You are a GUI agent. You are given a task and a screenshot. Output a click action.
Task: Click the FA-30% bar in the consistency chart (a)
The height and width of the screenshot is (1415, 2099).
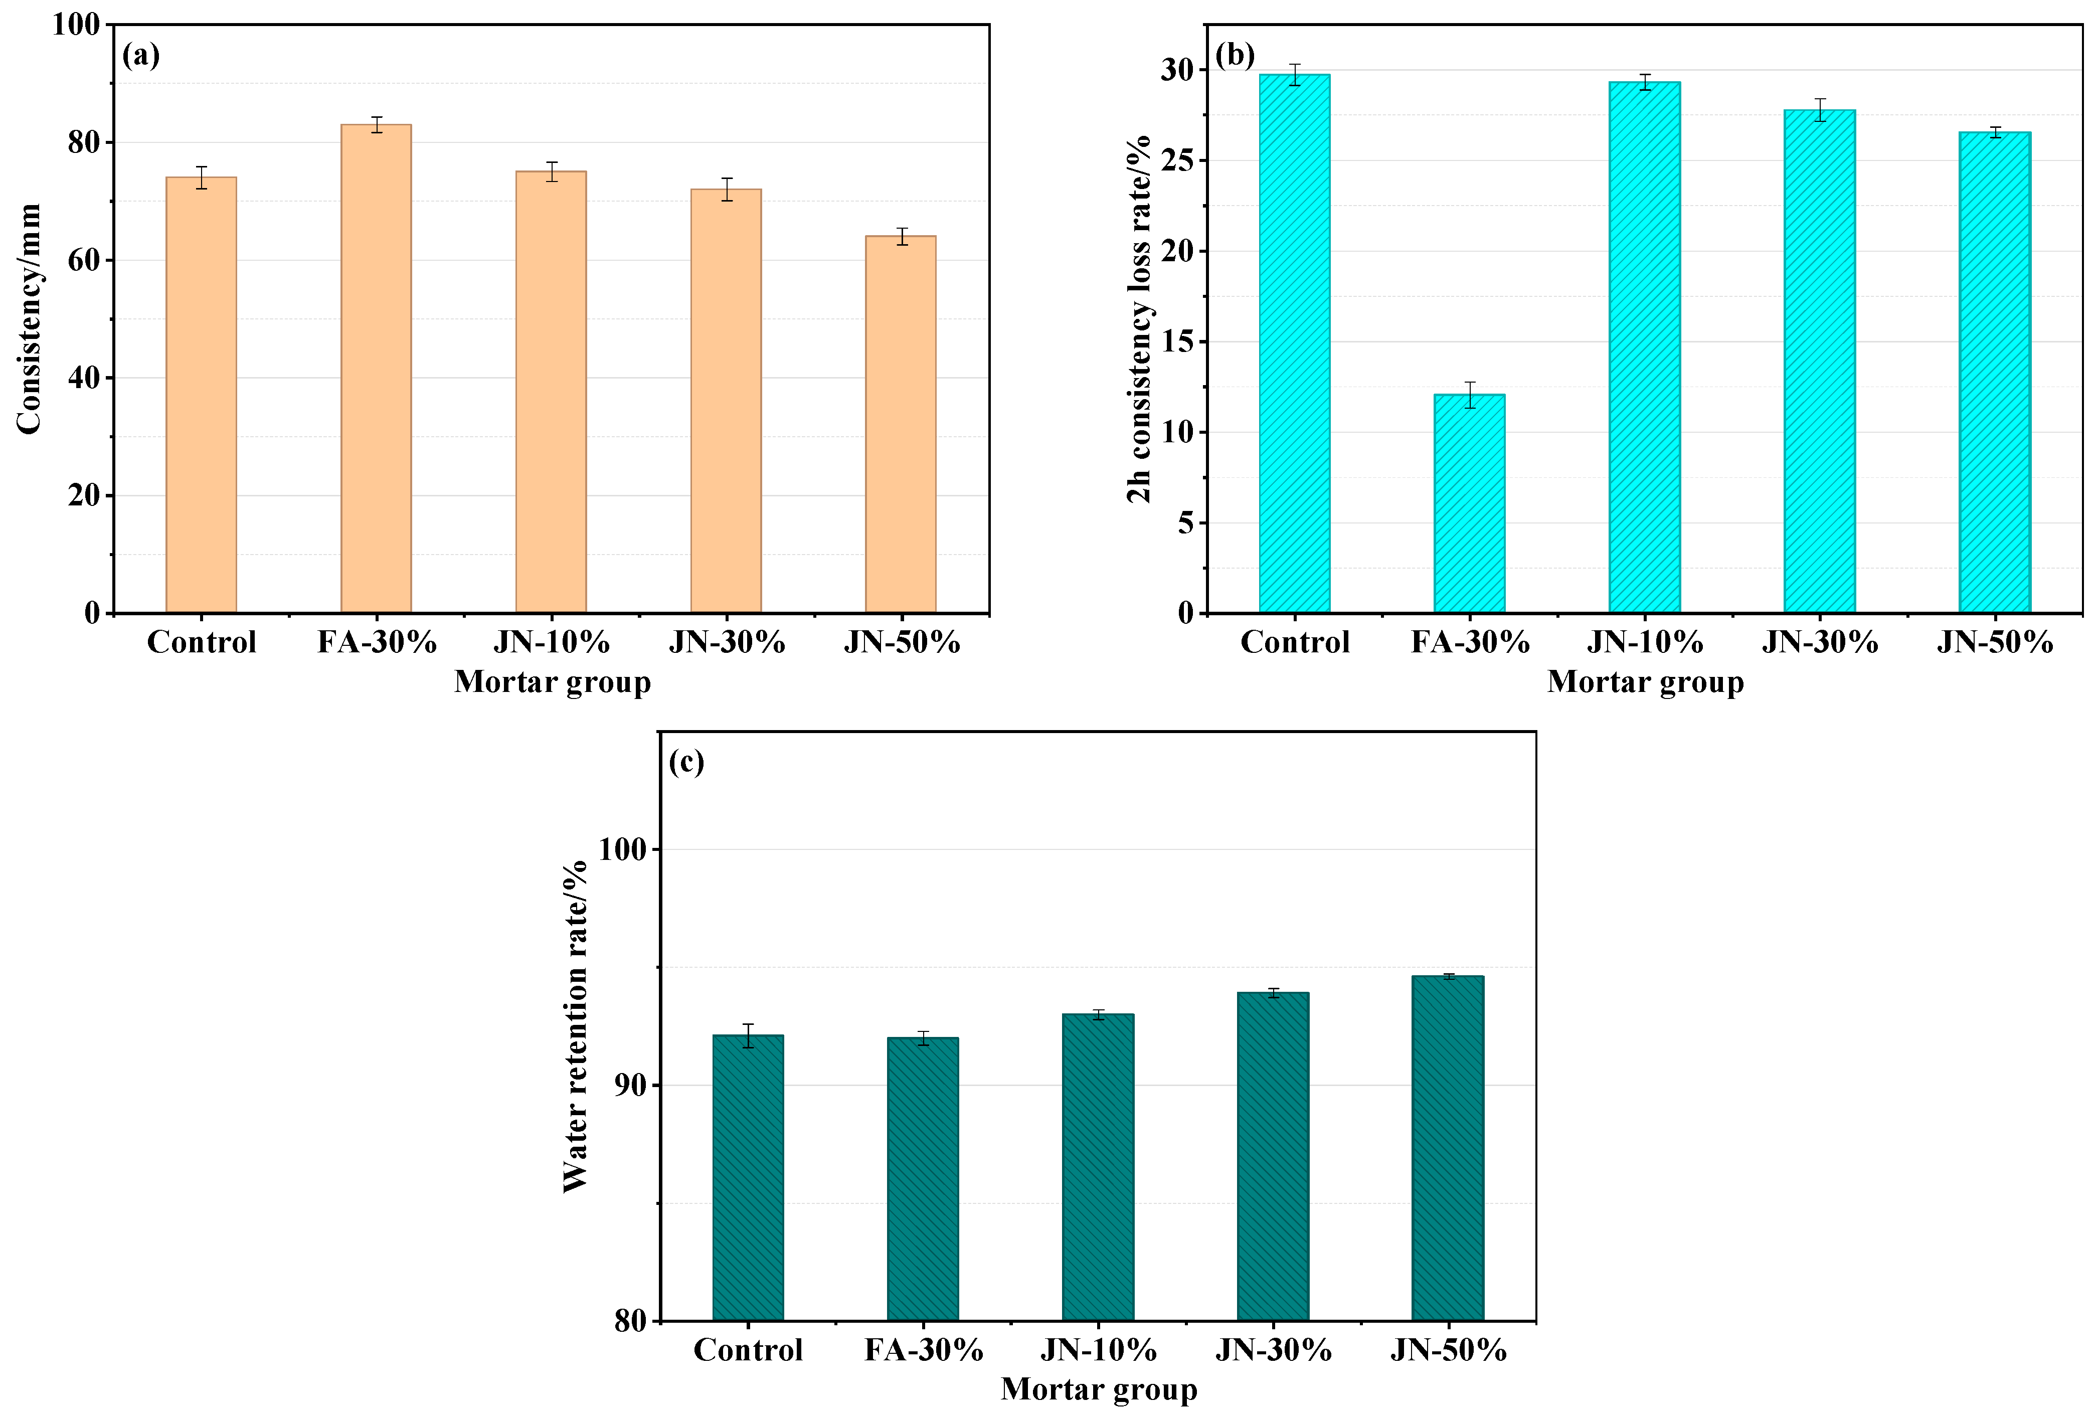(x=376, y=368)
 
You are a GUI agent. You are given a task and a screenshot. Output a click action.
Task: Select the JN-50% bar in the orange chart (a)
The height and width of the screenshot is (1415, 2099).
(x=901, y=424)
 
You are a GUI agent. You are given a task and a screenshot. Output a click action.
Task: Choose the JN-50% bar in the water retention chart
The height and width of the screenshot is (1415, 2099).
(x=1448, y=1148)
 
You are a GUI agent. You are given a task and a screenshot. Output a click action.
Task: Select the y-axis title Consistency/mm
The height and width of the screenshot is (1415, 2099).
(x=29, y=318)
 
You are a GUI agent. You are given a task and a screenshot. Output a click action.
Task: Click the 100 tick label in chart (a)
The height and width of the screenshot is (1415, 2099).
(x=76, y=25)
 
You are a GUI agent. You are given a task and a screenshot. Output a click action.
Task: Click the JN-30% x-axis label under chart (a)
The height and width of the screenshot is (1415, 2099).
(x=727, y=642)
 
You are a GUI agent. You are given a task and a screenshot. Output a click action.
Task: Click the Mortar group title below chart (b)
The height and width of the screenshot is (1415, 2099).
(x=1645, y=682)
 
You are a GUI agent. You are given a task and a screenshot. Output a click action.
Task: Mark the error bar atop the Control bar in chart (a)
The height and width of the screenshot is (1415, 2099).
(x=201, y=178)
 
